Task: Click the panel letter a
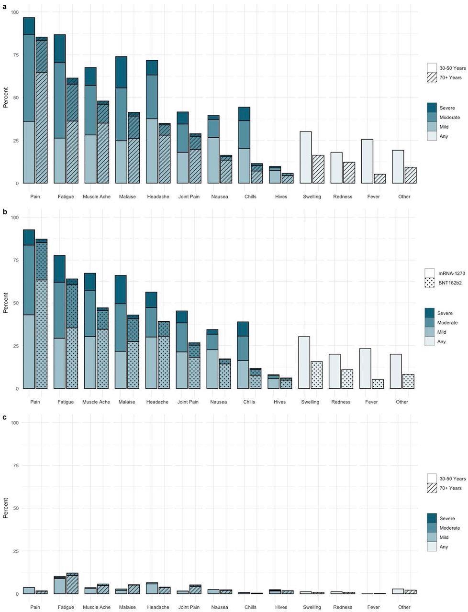click(5, 7)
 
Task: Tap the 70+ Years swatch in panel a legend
click(432, 77)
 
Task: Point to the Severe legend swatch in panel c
click(432, 518)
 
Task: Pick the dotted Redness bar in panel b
click(347, 379)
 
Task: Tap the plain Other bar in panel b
click(396, 372)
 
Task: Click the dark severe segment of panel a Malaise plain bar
click(121, 72)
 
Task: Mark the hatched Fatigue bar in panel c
click(72, 583)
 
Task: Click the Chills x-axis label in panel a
click(250, 197)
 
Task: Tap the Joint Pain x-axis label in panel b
click(188, 402)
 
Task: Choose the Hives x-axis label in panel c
click(281, 607)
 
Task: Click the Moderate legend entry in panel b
click(447, 323)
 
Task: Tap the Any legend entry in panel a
click(444, 137)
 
